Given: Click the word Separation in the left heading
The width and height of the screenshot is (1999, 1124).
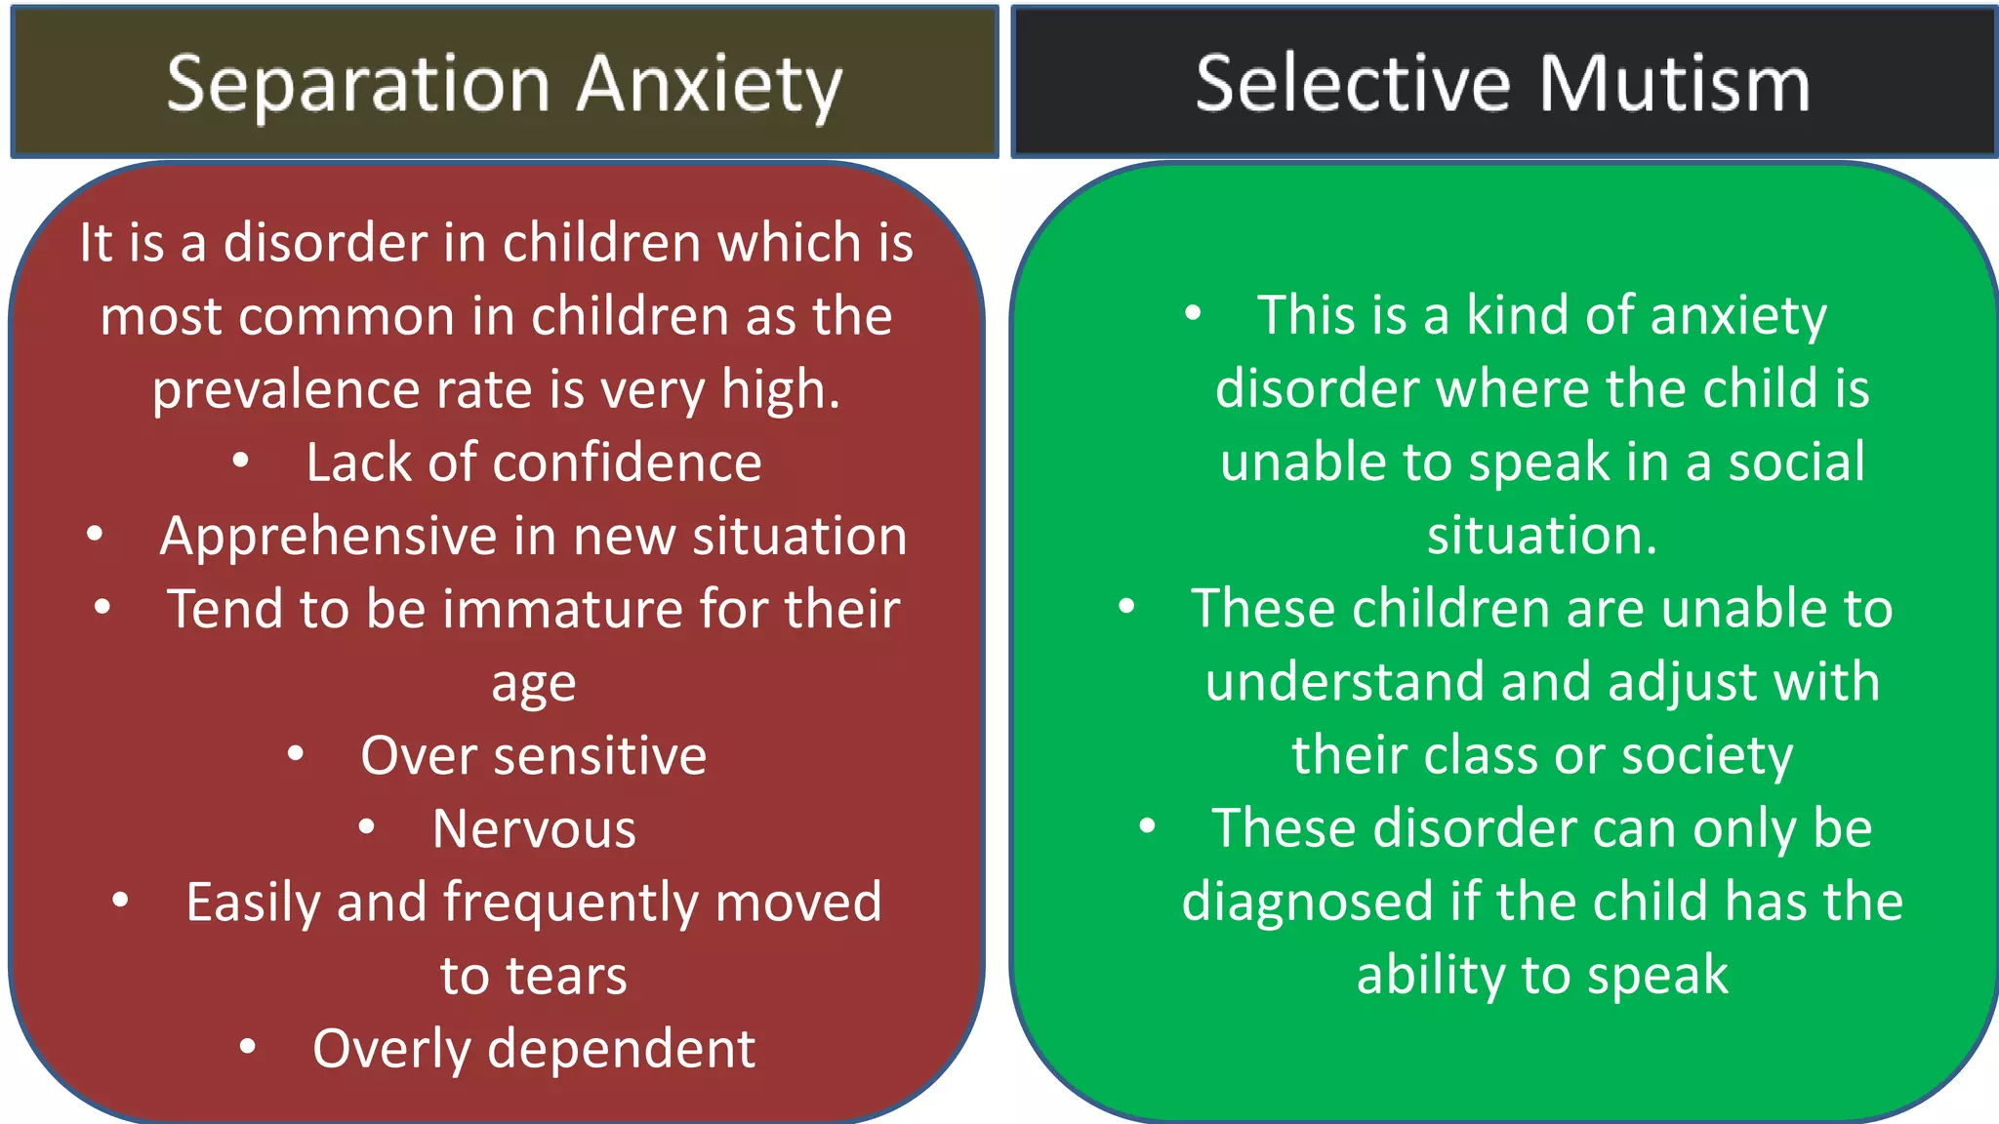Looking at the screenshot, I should [358, 85].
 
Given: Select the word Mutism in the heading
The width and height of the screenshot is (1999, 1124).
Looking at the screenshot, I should [1674, 84].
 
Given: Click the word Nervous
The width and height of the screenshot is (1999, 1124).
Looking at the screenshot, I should [534, 829].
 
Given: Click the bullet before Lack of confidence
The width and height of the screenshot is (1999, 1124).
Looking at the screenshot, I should [241, 461].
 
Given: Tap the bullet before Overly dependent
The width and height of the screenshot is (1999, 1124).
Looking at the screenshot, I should [248, 1047].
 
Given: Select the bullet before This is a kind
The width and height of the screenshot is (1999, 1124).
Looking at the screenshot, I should [1193, 313].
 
